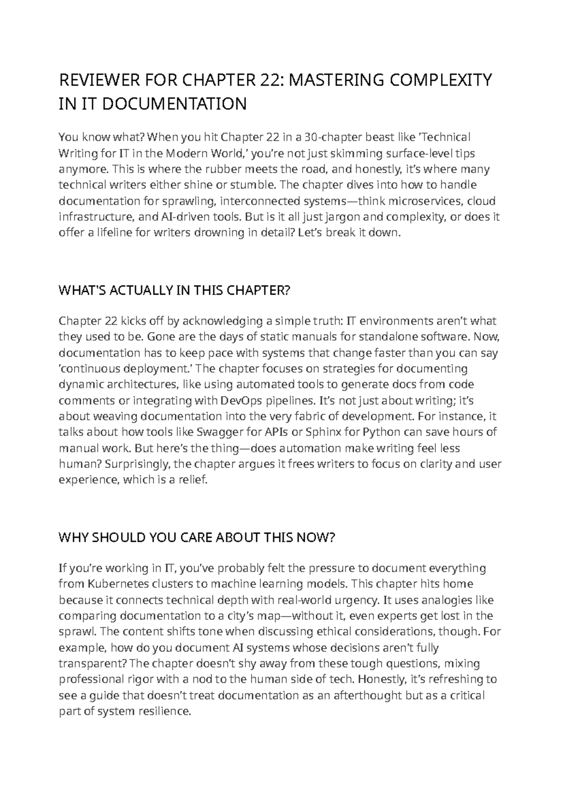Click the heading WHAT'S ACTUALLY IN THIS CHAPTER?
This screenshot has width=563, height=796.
pos(175,291)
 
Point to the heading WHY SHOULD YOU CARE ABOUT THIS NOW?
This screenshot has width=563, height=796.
pos(197,538)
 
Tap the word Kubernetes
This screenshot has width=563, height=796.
pos(120,584)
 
